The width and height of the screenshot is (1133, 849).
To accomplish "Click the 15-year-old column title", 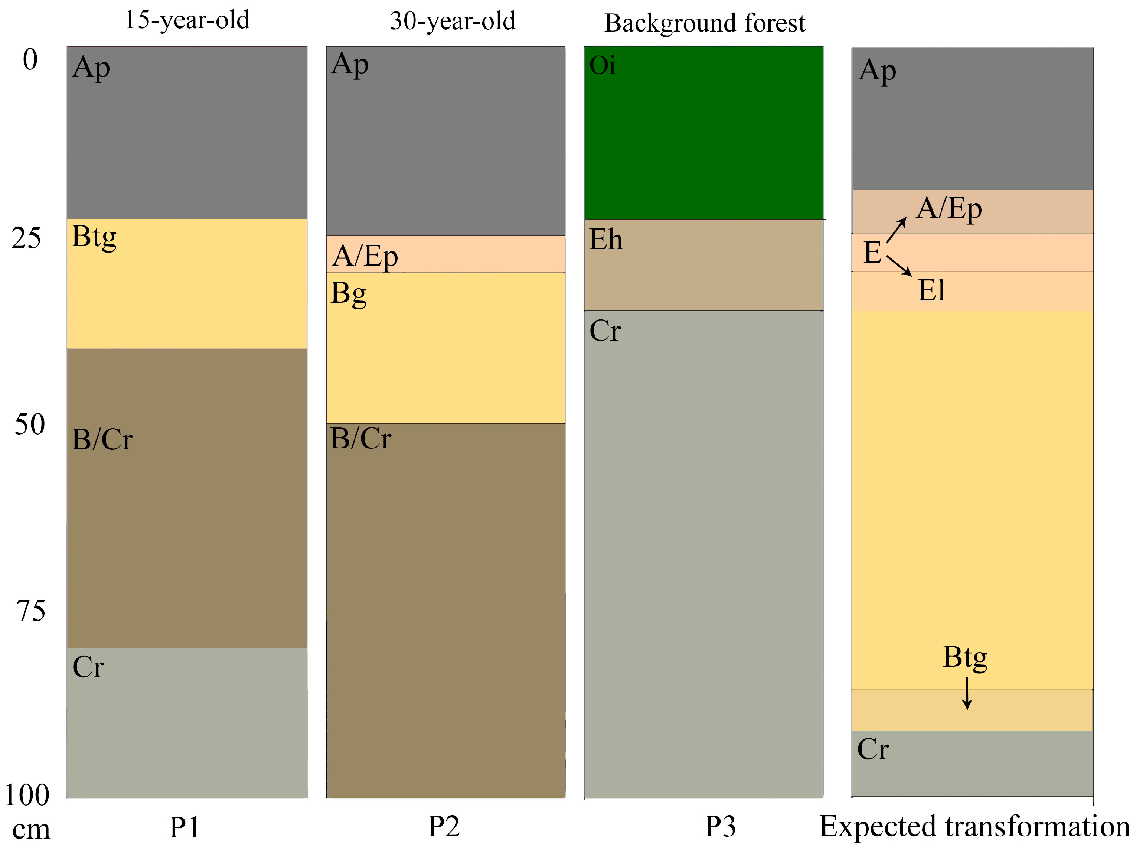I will click(187, 20).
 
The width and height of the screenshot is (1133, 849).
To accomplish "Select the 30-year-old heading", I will click(452, 22).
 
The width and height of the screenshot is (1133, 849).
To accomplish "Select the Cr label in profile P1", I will click(88, 667).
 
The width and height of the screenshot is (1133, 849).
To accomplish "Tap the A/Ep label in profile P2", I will click(365, 256).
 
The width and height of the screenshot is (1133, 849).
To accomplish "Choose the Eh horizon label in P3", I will click(606, 240).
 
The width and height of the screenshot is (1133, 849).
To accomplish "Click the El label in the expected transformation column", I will click(931, 290).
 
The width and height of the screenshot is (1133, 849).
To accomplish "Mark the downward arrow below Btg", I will click(967, 693).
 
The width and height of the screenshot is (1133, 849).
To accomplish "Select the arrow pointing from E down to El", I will click(899, 266).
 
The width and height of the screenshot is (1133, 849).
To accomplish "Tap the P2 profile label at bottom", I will click(444, 826).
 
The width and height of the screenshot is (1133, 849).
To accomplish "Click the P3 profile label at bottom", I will click(720, 826).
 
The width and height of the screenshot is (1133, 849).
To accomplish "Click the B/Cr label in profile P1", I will click(102, 440).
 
